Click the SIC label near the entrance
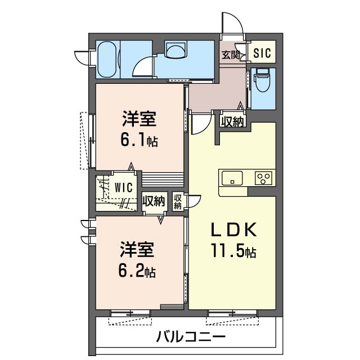click(262, 53)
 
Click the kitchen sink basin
click(232, 178)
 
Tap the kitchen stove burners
click(262, 178)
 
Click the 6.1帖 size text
click(138, 141)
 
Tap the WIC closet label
click(124, 186)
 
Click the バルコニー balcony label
click(191, 337)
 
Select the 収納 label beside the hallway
click(232, 120)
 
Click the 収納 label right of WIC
click(153, 201)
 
